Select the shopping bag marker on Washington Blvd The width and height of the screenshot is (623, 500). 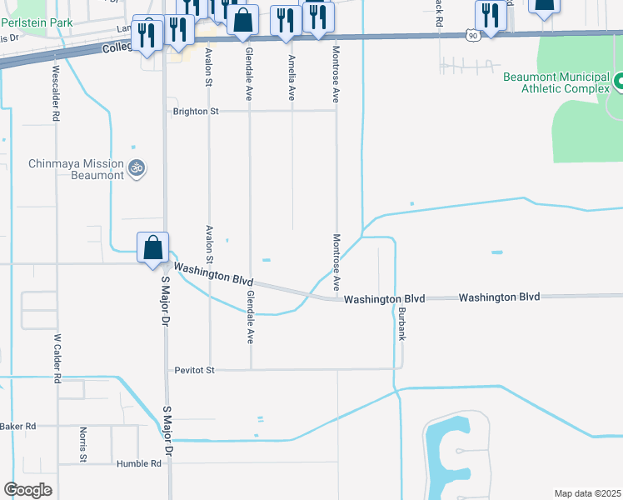point(153,248)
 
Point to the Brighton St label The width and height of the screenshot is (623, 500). point(196,111)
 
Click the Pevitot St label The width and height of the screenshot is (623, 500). point(195,369)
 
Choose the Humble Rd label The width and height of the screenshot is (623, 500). point(139,463)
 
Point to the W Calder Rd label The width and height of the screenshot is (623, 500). point(57,358)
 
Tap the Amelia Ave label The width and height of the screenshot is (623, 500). point(292,77)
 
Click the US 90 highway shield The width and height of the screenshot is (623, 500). point(474,35)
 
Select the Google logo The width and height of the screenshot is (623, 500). point(28,490)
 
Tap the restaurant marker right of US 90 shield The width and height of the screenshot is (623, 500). point(491,17)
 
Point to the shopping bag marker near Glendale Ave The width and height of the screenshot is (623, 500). point(242,21)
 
